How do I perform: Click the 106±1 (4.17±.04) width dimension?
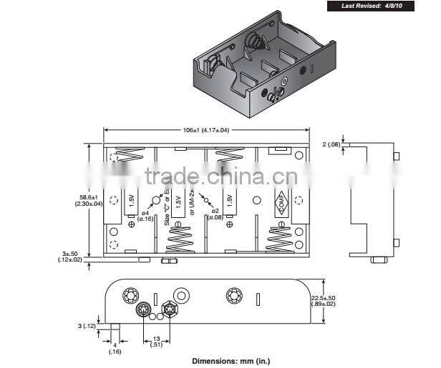coord(207,130)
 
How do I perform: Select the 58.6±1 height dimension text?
coord(89,200)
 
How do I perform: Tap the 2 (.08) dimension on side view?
coord(332,145)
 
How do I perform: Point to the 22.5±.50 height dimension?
coord(323,300)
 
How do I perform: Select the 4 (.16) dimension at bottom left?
coord(115,348)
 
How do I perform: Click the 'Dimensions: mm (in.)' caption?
coord(231,361)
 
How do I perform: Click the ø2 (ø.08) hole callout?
coord(215,215)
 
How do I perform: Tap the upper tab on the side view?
coord(396,157)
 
